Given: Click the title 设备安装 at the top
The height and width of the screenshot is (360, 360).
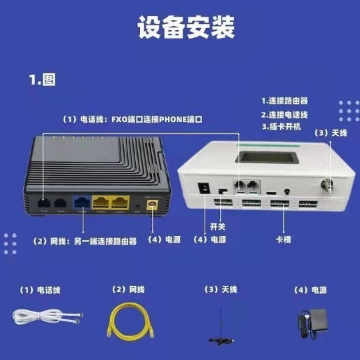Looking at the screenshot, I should click(180, 29).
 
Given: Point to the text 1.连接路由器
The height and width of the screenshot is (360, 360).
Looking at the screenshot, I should click(284, 101).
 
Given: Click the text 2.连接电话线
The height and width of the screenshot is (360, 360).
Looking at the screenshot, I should click(284, 114).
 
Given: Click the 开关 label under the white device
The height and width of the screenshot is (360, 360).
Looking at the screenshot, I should click(218, 227).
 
